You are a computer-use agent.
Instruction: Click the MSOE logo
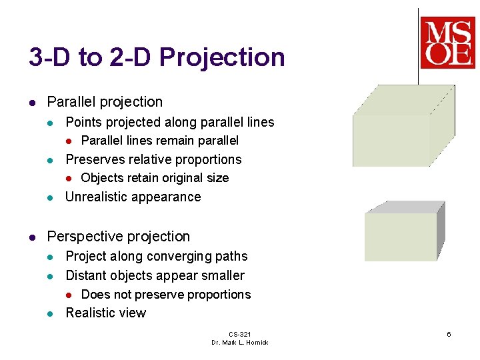point(447,43)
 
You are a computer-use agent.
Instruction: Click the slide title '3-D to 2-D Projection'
point(157,57)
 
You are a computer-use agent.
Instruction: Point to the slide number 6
point(449,334)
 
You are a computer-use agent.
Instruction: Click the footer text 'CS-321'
point(239,334)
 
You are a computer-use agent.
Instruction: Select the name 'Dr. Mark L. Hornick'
point(239,343)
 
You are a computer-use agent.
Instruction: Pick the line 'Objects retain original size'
point(154,178)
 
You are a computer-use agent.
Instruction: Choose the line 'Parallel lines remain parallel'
point(159,141)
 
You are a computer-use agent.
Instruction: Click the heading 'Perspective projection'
point(119,237)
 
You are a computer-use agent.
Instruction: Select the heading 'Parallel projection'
point(105,102)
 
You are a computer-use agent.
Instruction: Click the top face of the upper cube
point(404,100)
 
